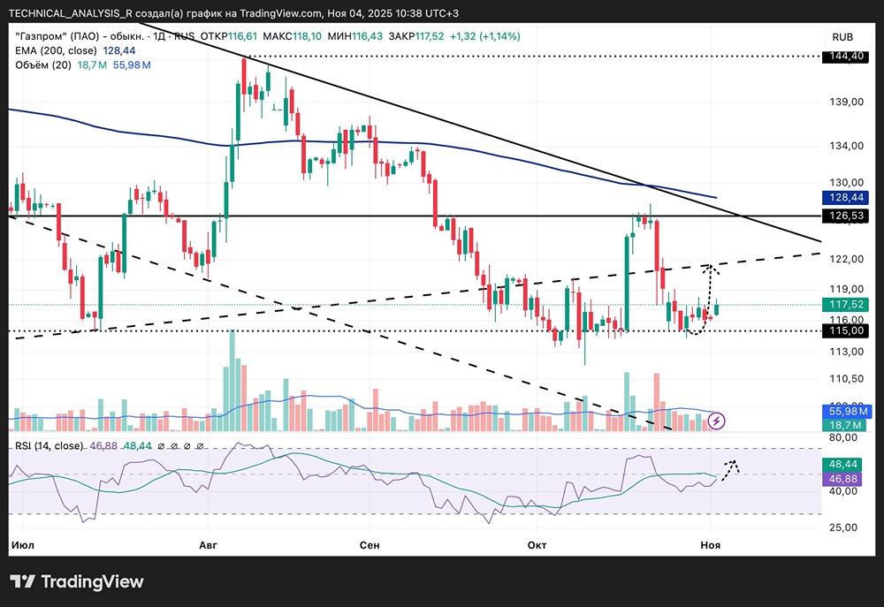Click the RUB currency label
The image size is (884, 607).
point(842,36)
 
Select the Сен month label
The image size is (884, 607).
point(370,545)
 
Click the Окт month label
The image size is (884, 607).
point(537,545)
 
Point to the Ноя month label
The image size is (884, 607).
point(709,545)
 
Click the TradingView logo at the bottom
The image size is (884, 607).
point(77,581)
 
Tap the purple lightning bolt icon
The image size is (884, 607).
point(718,421)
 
